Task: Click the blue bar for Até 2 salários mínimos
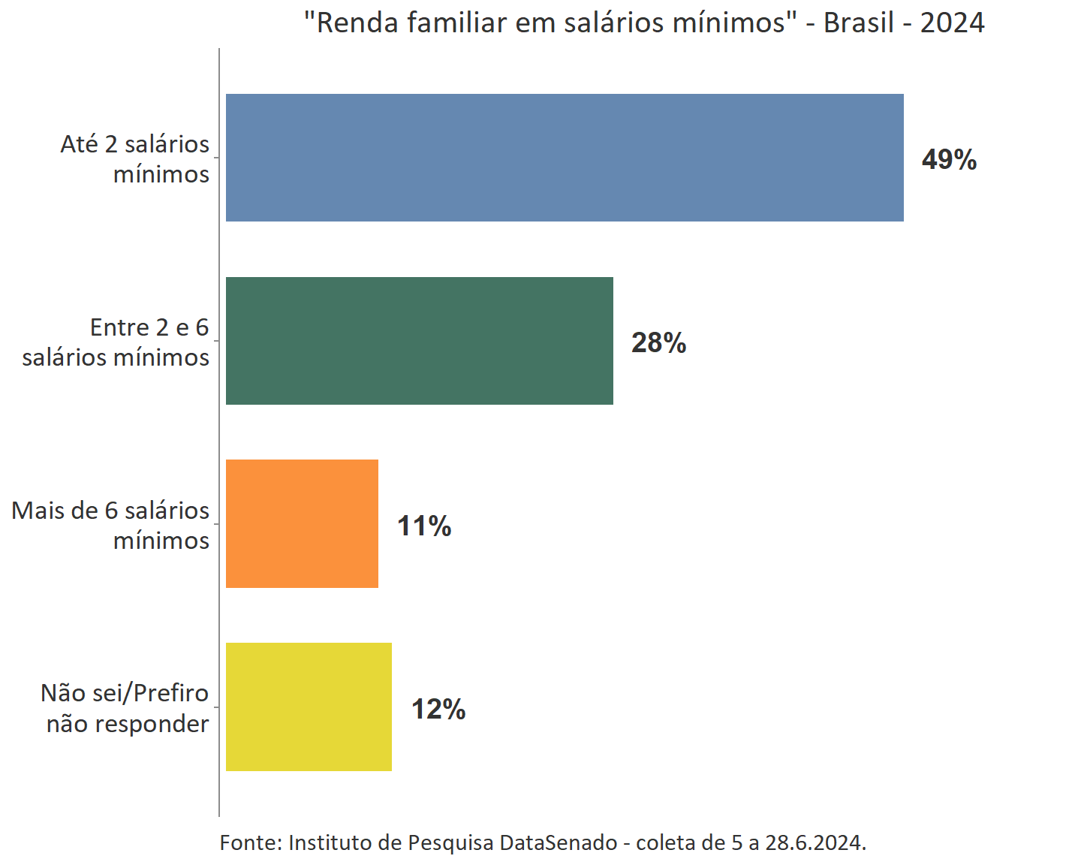565,158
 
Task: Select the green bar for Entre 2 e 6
419,341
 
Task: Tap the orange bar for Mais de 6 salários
302,523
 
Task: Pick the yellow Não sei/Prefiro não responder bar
309,707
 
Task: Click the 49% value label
949,159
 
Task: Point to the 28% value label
658,342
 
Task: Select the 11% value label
424,526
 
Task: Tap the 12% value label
438,709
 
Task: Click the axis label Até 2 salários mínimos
135,158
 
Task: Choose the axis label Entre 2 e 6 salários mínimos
116,342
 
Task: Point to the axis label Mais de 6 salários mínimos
111,525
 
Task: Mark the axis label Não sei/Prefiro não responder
125,708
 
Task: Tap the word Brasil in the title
859,23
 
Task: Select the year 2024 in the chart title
952,23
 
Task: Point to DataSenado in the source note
559,842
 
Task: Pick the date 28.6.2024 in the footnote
815,842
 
